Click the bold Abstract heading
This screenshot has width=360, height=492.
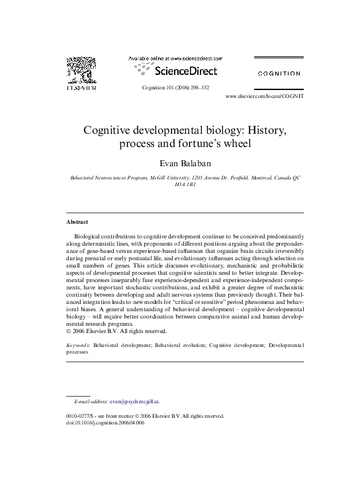[77, 222]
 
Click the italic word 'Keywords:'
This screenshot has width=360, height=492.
[79, 346]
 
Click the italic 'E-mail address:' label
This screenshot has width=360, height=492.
[91, 401]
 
